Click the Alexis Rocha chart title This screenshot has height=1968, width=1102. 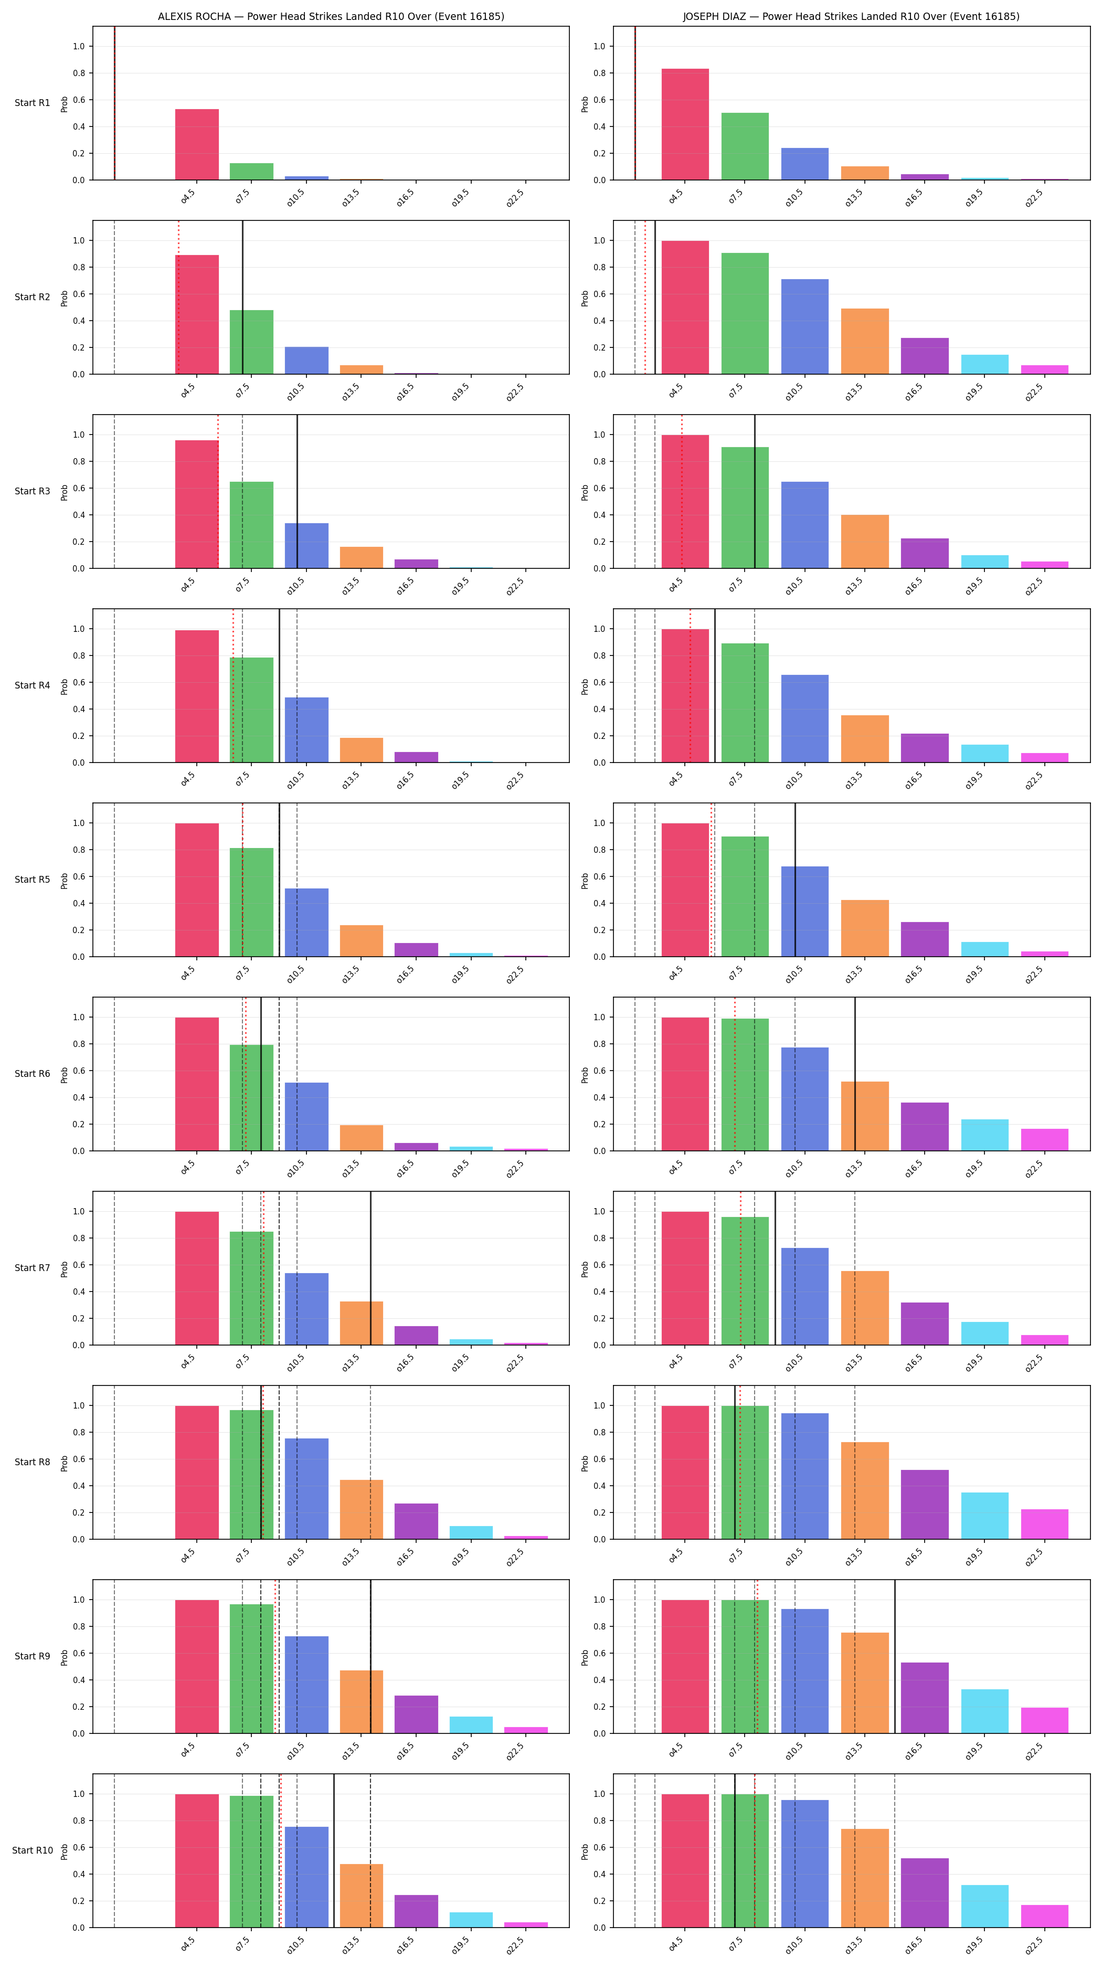pos(331,16)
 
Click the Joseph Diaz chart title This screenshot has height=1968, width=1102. pos(851,16)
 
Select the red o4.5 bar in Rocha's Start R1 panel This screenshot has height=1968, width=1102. pos(197,144)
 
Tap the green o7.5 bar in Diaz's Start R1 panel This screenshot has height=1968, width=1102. pos(745,147)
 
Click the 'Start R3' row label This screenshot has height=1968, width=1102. pos(32,491)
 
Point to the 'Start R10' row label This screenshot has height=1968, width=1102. pos(32,1850)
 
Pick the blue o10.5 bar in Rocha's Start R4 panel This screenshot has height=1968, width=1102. pos(307,729)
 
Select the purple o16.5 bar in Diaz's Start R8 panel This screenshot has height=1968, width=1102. pos(925,1504)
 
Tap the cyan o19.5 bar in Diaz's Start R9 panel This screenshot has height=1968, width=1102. pos(984,1711)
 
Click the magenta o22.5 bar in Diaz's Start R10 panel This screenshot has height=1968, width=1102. pos(1045,1916)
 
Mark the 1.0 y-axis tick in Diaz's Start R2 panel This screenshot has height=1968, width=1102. pos(599,241)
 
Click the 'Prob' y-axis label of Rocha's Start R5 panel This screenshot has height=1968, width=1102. pos(64,880)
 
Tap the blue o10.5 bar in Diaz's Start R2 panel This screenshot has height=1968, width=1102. pos(805,326)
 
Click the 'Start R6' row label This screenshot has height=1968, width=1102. pos(32,1073)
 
